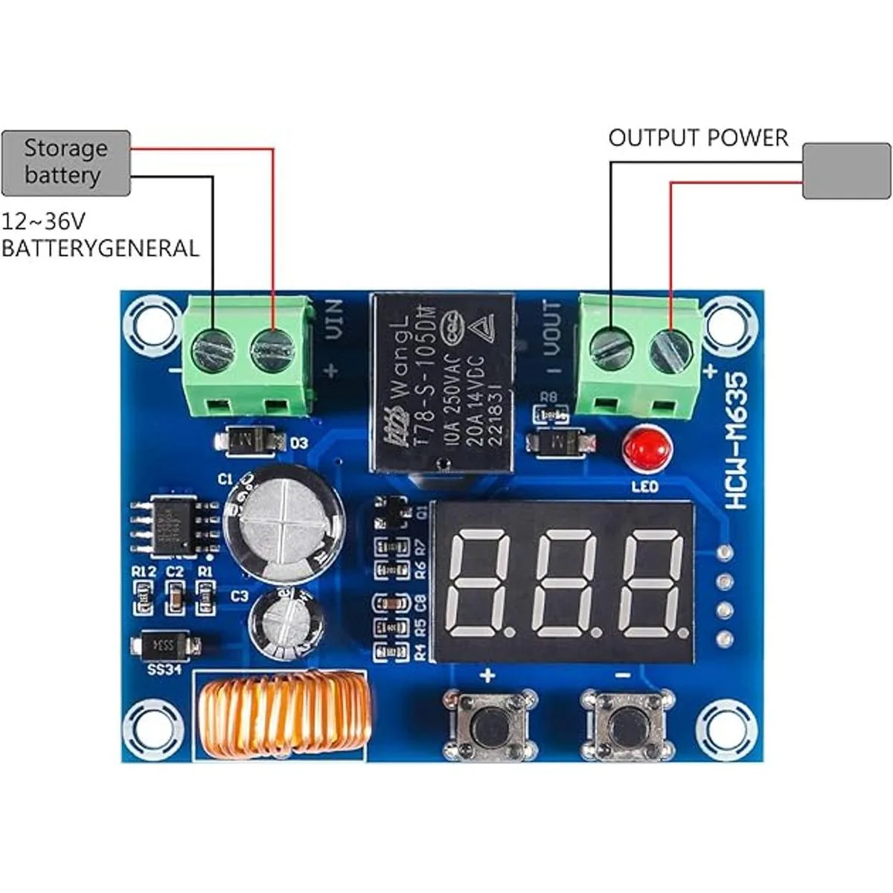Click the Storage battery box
66,163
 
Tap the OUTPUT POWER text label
697,138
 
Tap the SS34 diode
165,645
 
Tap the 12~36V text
44,222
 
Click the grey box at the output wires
846,170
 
